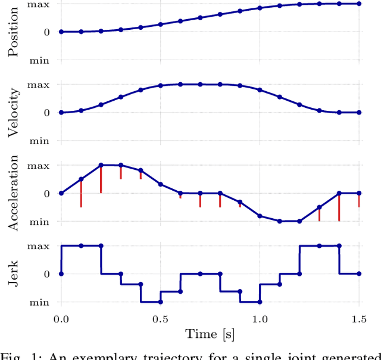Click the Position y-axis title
13,31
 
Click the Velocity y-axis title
13,113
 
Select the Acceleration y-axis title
13,193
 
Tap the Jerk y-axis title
13,274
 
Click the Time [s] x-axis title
210,334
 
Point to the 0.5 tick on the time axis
160,319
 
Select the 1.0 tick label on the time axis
260,319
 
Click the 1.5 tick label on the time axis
358,319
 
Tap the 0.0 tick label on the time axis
61,319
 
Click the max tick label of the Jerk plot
39,246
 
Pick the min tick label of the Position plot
39,60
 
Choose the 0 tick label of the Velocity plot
46,113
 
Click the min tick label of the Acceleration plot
39,221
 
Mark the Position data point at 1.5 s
359,4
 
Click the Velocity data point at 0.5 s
160,85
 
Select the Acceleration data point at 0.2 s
101,165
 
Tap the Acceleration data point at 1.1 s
279,221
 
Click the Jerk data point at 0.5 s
160,302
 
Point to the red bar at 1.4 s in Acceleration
339,207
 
